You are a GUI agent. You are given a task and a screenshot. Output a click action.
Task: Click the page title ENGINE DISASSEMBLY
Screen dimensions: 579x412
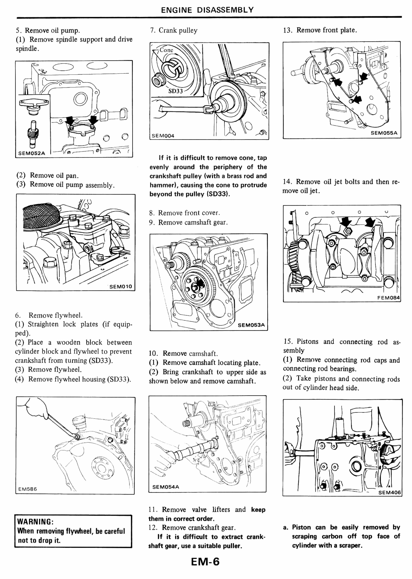(x=207, y=10)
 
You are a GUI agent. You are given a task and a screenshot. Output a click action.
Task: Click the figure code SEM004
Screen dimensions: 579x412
(x=163, y=136)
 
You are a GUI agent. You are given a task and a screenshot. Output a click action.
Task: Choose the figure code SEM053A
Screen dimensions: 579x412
(x=251, y=325)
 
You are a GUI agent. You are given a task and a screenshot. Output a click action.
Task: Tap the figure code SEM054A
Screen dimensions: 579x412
(x=166, y=487)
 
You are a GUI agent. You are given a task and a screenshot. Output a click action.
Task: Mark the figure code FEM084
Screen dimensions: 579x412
(x=388, y=298)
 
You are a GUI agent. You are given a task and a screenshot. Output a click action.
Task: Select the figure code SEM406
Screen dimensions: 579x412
(x=389, y=492)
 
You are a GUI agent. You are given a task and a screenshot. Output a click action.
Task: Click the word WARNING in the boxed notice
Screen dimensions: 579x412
(x=35, y=522)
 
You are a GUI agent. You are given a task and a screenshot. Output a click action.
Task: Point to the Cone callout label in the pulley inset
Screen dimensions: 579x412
(x=166, y=50)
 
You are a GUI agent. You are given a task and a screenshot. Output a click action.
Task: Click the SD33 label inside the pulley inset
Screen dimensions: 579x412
(x=175, y=91)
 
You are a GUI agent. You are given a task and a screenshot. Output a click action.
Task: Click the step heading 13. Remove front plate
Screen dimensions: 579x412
(x=320, y=30)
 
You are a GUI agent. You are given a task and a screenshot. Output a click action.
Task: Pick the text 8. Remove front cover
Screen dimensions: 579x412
(x=184, y=213)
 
